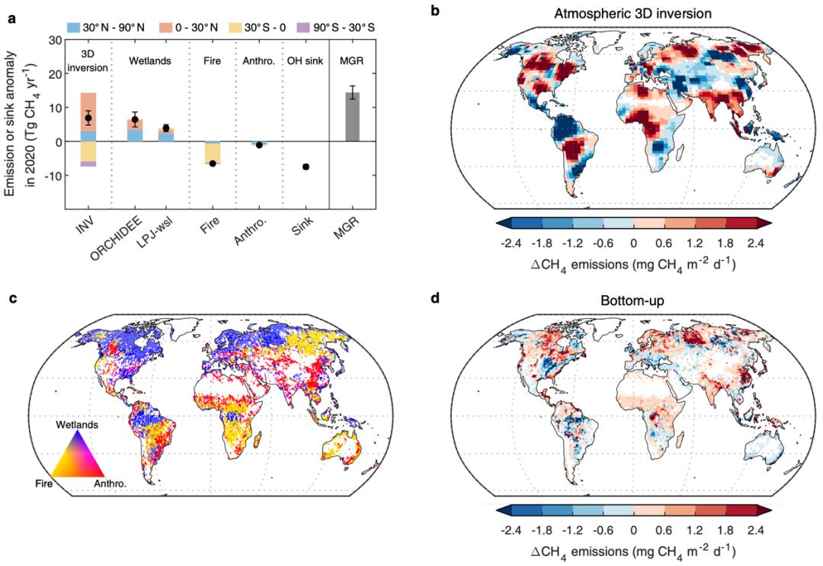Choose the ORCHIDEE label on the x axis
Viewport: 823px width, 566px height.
click(x=126, y=236)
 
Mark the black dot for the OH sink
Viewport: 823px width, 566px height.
click(x=306, y=166)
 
